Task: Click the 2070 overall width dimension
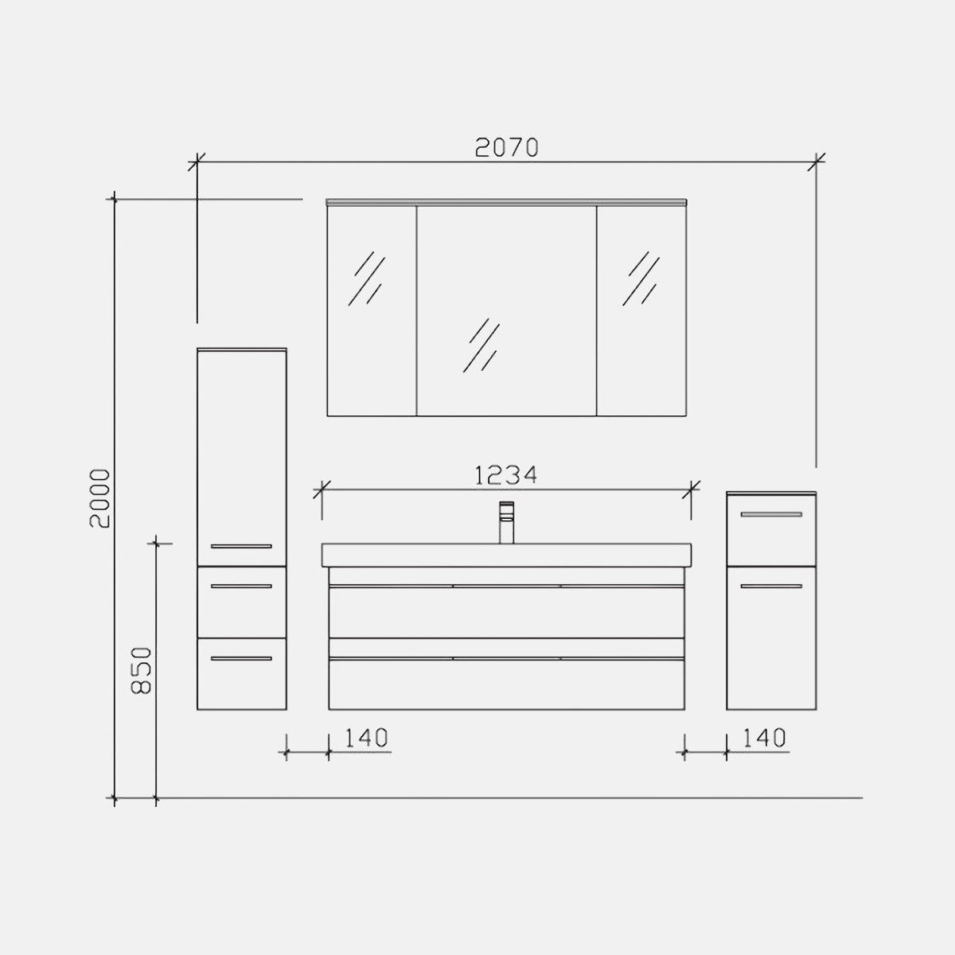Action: coord(506,148)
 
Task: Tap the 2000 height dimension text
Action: coord(100,498)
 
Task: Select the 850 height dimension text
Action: coord(142,670)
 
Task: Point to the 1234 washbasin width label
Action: coord(506,476)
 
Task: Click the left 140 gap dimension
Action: coord(366,738)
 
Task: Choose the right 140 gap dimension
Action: coord(764,738)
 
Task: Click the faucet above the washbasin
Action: coord(506,522)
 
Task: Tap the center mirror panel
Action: coord(506,310)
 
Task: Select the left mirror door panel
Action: coord(372,310)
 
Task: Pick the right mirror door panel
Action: coord(641,310)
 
